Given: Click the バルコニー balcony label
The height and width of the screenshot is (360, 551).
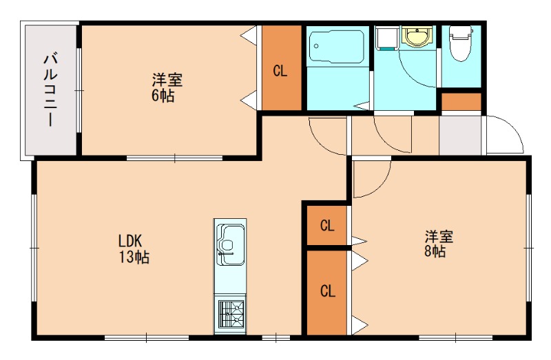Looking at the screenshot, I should [x=49, y=89].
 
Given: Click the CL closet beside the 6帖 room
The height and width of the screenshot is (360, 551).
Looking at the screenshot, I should [x=280, y=69].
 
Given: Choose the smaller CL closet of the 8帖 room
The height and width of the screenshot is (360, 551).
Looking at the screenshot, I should [x=327, y=225].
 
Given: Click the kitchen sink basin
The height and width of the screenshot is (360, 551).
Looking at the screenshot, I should [x=230, y=241].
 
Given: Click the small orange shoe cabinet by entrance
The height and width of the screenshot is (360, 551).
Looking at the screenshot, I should [x=461, y=101].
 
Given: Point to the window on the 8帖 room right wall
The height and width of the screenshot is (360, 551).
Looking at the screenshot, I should [x=529, y=246].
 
